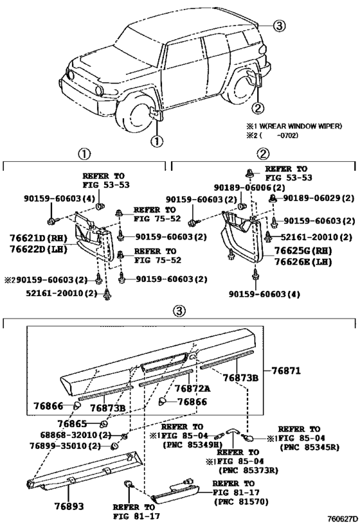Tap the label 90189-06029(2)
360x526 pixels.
(319, 198)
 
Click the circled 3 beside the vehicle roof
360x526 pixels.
(278, 26)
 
